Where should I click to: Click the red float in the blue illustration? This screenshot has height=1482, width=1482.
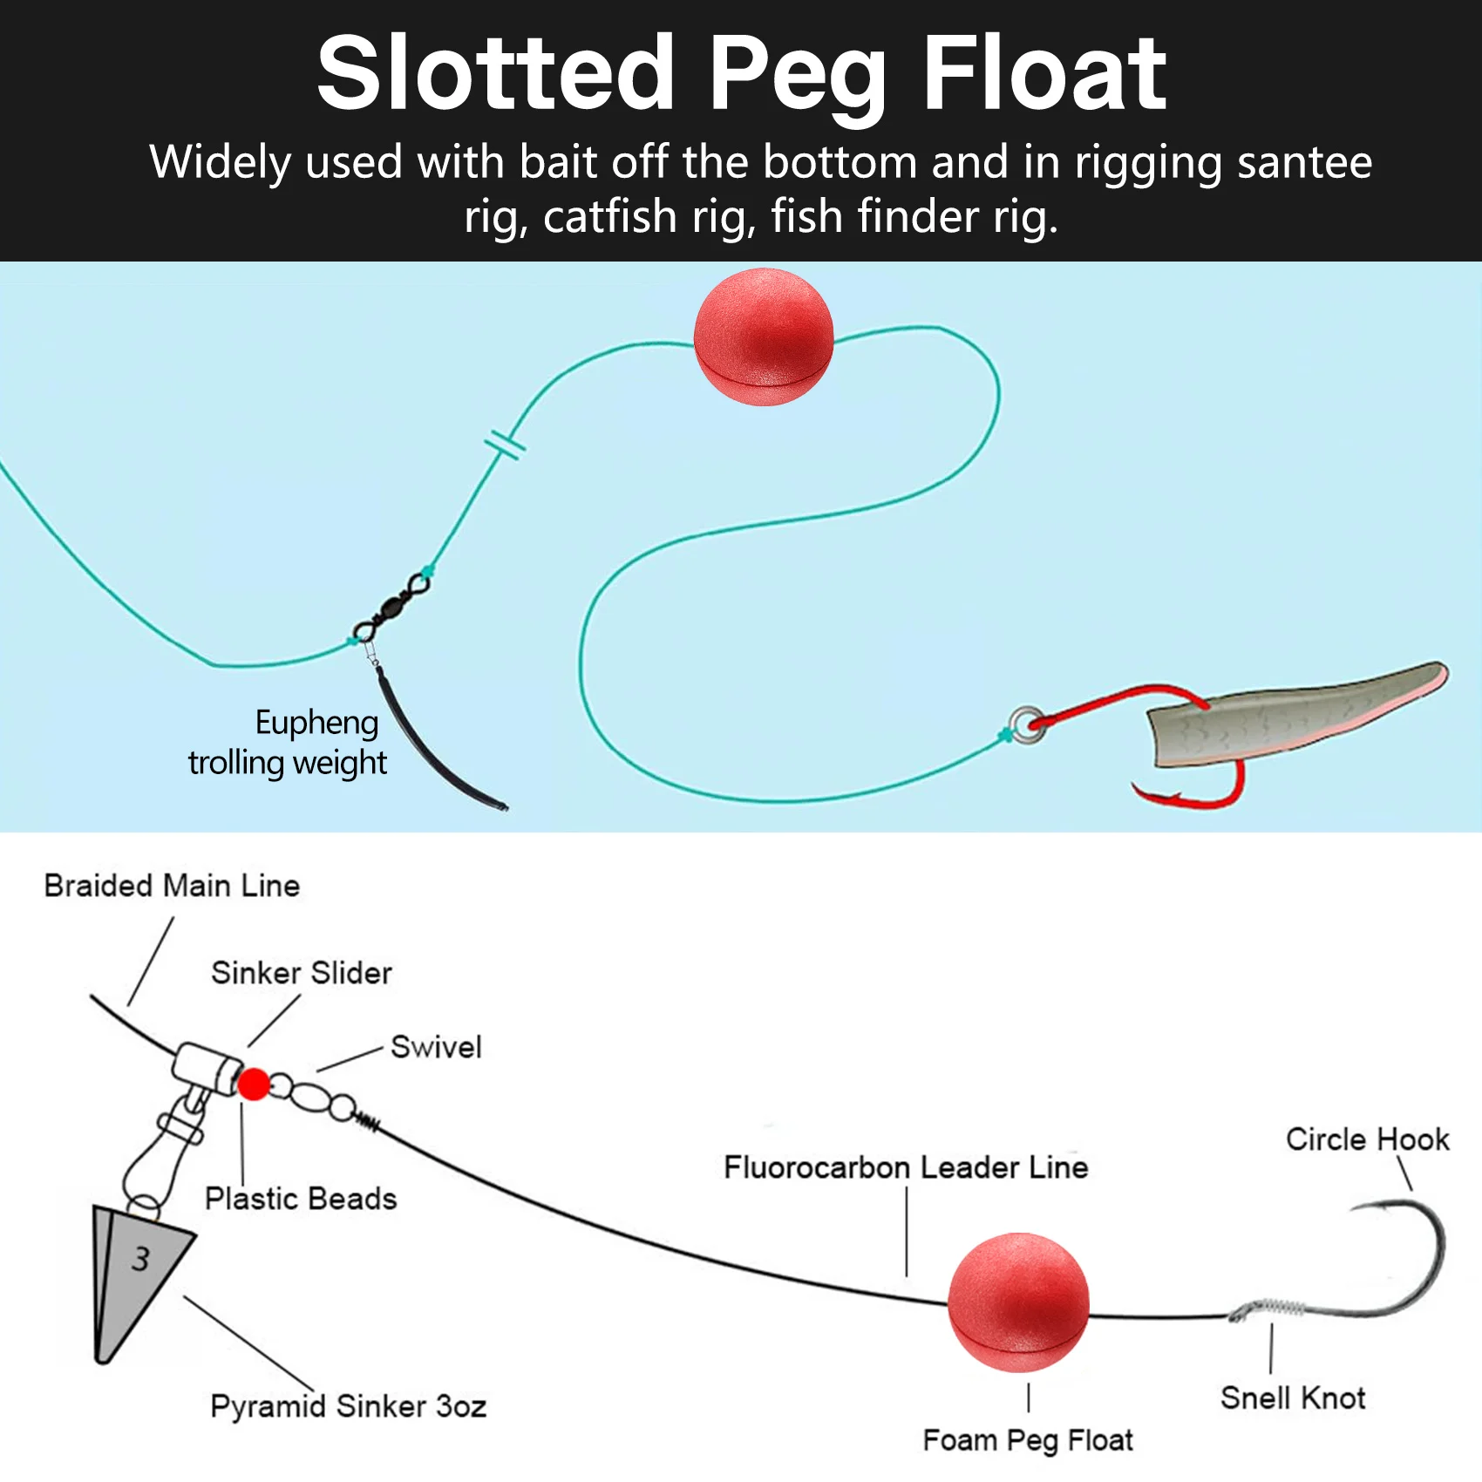[x=764, y=337]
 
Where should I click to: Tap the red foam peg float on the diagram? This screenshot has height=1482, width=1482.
[x=1018, y=1302]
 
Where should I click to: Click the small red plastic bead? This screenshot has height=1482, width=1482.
[x=254, y=1084]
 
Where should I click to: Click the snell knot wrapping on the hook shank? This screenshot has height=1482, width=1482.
[x=1268, y=1308]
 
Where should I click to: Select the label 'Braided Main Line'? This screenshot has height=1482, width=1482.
[x=172, y=886]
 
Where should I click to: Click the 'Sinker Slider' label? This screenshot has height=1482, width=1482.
[x=302, y=973]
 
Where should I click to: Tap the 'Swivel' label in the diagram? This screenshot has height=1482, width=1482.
[x=436, y=1047]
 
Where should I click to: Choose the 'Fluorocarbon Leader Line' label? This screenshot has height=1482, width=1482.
[x=906, y=1167]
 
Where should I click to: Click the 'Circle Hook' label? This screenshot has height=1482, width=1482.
[x=1367, y=1139]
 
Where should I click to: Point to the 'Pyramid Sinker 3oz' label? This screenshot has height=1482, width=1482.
[x=348, y=1406]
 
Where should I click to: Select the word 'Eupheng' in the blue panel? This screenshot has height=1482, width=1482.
[x=316, y=723]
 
